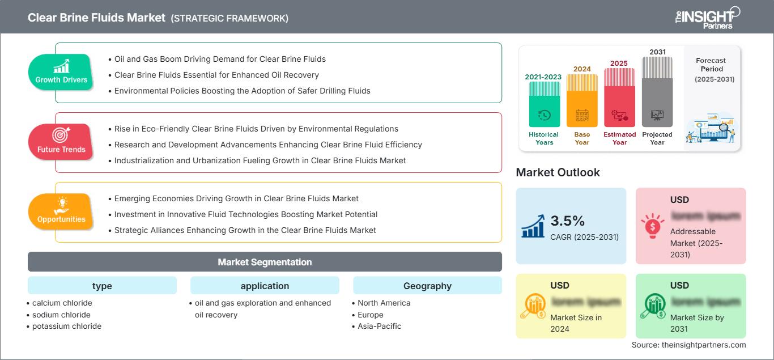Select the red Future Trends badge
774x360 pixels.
pos(61,142)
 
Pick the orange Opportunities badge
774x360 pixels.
pos(61,211)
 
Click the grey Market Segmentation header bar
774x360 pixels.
pos(265,262)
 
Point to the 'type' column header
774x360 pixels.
pos(102,286)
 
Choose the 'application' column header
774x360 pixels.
pos(265,286)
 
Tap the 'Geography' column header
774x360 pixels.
pos(427,286)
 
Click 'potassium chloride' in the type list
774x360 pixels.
pos(67,326)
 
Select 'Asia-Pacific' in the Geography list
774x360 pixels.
pos(379,326)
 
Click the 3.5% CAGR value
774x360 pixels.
pos(568,221)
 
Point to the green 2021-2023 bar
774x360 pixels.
pos(544,104)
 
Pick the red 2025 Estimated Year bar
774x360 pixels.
pos(619,97)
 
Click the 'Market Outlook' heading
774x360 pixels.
pos(558,172)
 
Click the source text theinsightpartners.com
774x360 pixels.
pos(688,345)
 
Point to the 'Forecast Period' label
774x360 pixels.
pos(711,64)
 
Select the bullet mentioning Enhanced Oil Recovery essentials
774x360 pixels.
pos(216,75)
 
